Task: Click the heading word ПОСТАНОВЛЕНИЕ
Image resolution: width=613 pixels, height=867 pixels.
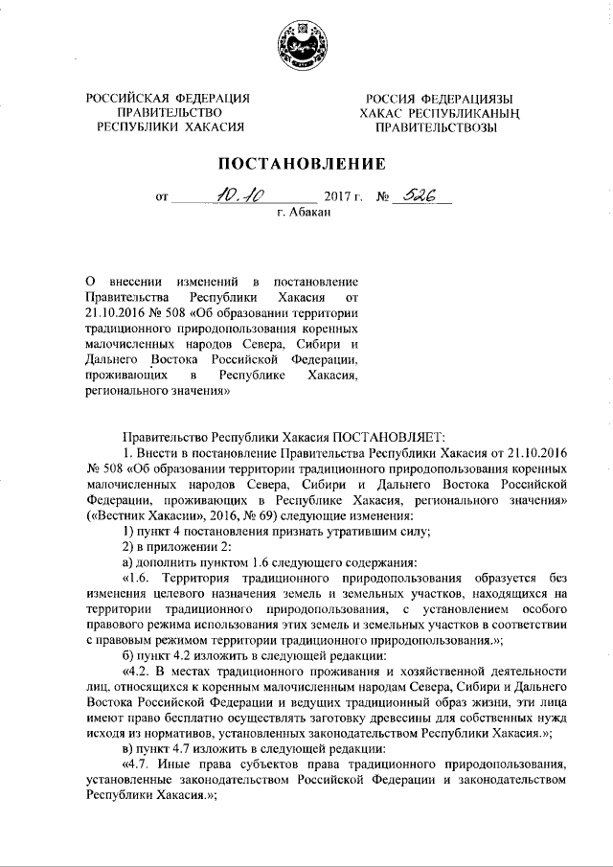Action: point(306,164)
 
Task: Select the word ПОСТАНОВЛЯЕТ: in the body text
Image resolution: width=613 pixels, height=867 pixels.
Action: point(386,436)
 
